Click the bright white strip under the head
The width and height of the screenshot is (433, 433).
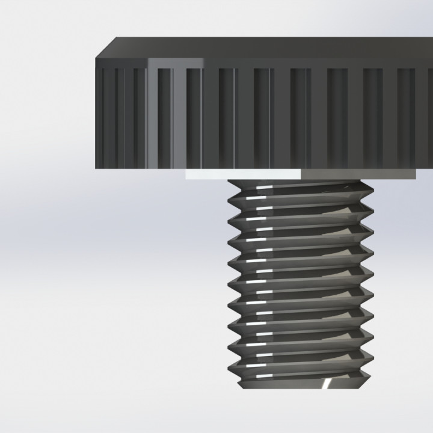coord(243,174)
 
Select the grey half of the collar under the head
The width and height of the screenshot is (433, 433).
coord(358,174)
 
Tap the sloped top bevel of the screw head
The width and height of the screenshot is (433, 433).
coord(271,48)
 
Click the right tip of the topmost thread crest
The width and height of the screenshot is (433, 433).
coord(372,191)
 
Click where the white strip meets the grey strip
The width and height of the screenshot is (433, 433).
coord(301,174)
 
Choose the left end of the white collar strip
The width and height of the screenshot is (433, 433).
coord(186,174)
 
